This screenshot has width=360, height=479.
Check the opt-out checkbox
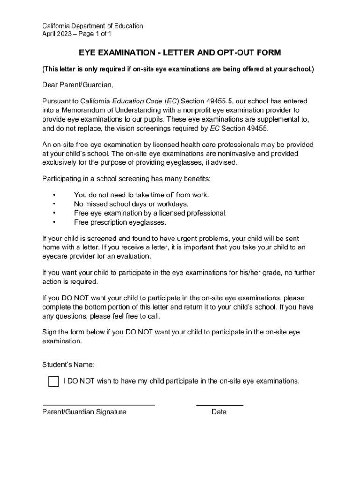[x=53, y=381]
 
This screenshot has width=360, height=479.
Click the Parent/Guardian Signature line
[x=99, y=405]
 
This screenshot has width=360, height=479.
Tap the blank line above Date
[x=219, y=405]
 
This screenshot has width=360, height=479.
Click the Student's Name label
[x=68, y=364]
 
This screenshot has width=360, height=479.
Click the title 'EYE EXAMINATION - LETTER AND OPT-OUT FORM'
[x=180, y=53]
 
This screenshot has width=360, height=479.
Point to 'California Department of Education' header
[x=93, y=26]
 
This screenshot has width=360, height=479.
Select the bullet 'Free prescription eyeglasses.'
[x=120, y=222]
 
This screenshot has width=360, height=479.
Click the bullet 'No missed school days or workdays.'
[x=131, y=204]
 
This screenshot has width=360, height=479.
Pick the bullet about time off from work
[x=141, y=195]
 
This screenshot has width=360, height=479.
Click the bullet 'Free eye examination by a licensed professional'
[x=150, y=213]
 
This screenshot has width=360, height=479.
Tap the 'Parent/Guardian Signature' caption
[x=84, y=412]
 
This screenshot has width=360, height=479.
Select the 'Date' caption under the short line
[x=219, y=412]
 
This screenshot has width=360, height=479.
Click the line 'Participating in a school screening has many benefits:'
[x=126, y=179]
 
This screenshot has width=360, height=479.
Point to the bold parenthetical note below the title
[x=178, y=69]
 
